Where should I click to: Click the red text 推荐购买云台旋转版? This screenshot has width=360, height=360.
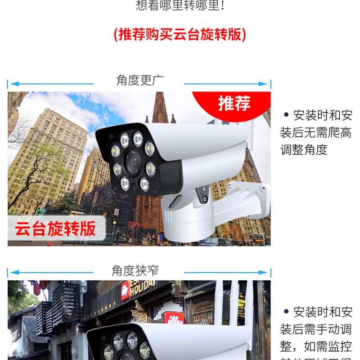point(180,34)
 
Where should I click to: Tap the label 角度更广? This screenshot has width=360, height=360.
point(140,80)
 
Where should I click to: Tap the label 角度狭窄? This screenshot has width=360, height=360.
point(135,270)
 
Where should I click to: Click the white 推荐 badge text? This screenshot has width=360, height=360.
point(234,103)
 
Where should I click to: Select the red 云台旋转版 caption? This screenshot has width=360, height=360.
point(55,229)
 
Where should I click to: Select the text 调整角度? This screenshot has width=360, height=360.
point(304,150)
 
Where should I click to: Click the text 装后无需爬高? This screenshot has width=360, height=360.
point(315,133)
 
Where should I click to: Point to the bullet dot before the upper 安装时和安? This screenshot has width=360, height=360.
point(286,115)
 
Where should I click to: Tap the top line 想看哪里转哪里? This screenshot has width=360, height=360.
point(180,5)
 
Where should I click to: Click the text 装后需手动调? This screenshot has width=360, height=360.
point(315,329)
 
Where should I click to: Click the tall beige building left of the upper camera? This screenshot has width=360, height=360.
point(49,153)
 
